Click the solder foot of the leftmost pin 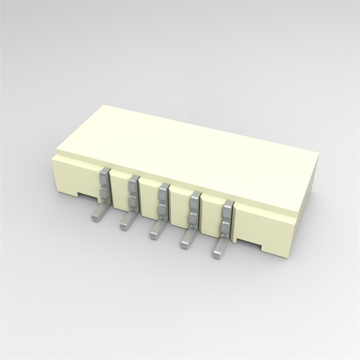point(96,215)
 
